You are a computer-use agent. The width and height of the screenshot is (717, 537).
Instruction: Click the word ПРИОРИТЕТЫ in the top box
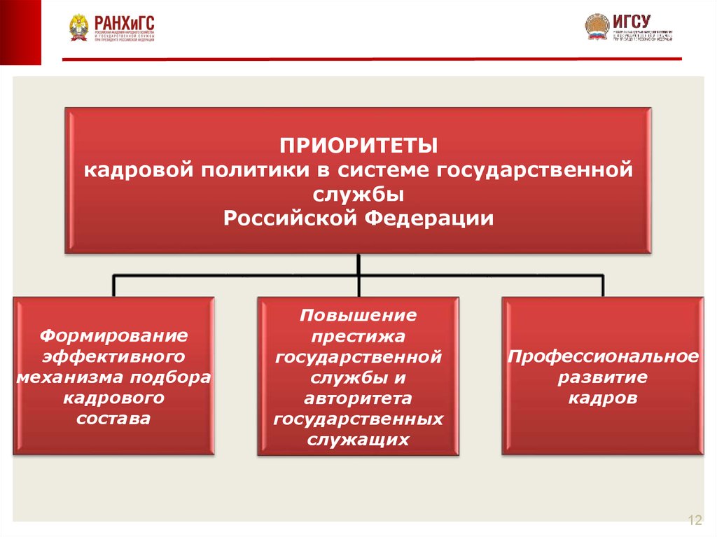click(358, 147)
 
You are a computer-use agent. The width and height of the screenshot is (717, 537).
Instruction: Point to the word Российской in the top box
click(292, 218)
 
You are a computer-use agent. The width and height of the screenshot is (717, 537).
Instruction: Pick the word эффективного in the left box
click(113, 356)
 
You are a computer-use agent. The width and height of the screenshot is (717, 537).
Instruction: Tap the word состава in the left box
click(113, 419)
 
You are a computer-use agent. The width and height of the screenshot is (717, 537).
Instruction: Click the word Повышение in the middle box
click(358, 315)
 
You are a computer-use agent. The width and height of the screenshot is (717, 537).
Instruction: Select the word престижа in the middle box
click(358, 336)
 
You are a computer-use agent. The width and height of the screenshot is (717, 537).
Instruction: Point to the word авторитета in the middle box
click(358, 398)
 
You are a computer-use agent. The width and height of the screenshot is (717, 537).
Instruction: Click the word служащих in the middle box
click(358, 440)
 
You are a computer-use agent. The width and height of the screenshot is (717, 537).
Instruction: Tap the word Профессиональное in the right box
click(603, 356)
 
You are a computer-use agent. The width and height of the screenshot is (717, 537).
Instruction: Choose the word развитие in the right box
click(603, 377)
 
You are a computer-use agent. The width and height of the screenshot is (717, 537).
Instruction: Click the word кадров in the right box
click(603, 398)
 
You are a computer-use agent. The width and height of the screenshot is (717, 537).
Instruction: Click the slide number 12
click(695, 519)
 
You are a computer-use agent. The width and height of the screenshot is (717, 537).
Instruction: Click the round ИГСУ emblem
click(597, 27)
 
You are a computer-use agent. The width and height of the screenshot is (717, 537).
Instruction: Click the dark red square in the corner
click(20, 32)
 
